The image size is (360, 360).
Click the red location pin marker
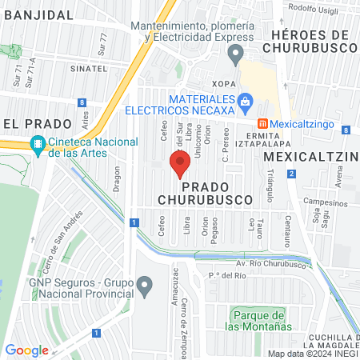179,164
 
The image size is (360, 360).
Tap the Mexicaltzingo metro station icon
262,124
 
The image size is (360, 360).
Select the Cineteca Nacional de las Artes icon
36,145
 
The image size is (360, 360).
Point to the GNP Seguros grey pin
145,284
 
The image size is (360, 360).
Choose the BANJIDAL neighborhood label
35,14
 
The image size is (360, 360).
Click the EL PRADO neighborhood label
32,123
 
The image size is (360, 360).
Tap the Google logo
26,350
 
